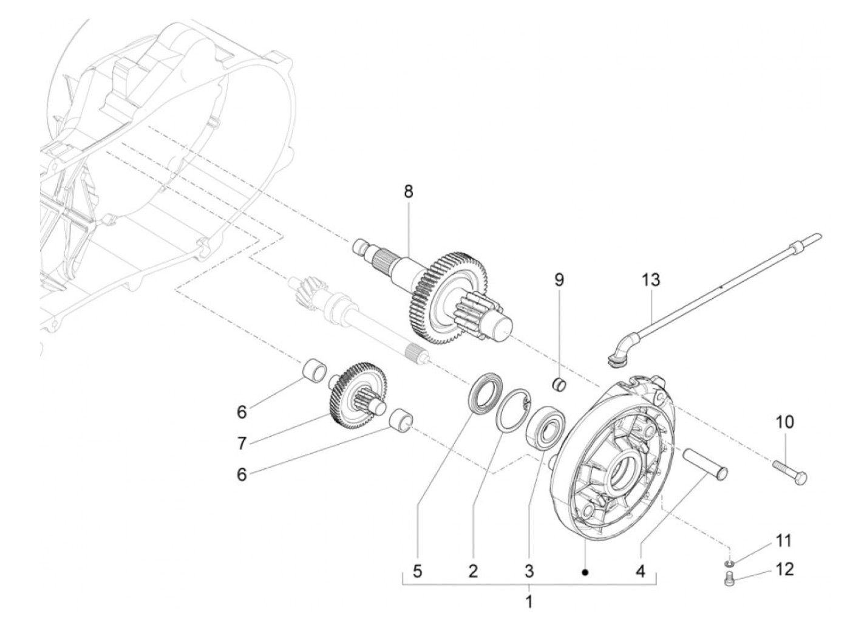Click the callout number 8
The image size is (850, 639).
click(408, 192)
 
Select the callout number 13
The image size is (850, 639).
click(651, 281)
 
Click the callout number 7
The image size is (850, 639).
click(242, 444)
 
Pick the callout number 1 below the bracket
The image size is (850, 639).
click(529, 603)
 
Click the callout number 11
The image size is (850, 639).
click(784, 540)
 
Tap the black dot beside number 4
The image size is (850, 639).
click(585, 572)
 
